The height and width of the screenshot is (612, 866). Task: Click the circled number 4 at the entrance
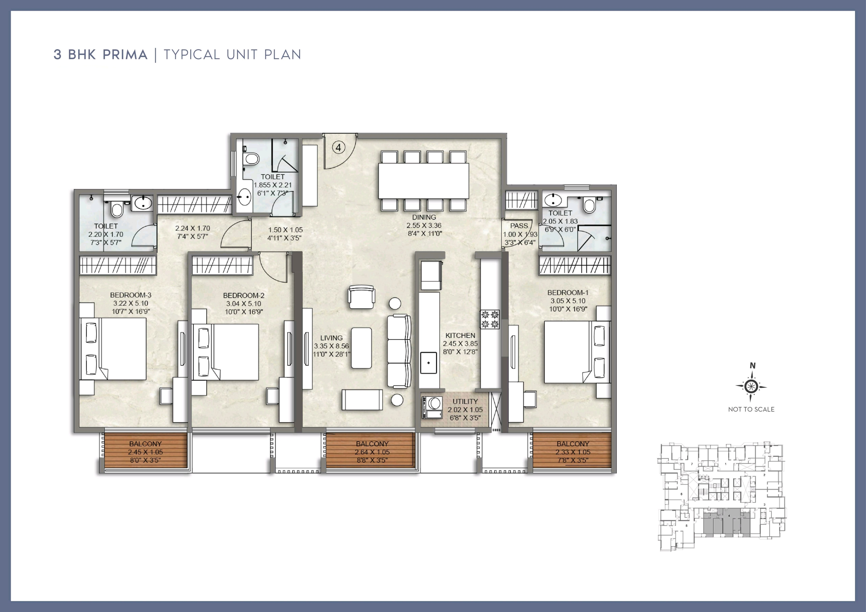(338, 148)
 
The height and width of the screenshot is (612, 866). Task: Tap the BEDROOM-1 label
(568, 293)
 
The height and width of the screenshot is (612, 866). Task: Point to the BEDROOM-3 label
(131, 295)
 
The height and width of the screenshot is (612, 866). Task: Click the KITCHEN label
(460, 335)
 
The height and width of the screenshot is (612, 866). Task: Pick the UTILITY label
(465, 401)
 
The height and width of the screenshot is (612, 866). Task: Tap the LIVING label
(332, 338)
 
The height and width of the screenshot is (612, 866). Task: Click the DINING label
(424, 217)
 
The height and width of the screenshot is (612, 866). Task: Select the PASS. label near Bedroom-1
(519, 226)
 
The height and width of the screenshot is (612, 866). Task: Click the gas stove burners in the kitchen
(490, 319)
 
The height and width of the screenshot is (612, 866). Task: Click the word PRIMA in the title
(125, 55)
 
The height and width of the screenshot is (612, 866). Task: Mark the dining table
(424, 181)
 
